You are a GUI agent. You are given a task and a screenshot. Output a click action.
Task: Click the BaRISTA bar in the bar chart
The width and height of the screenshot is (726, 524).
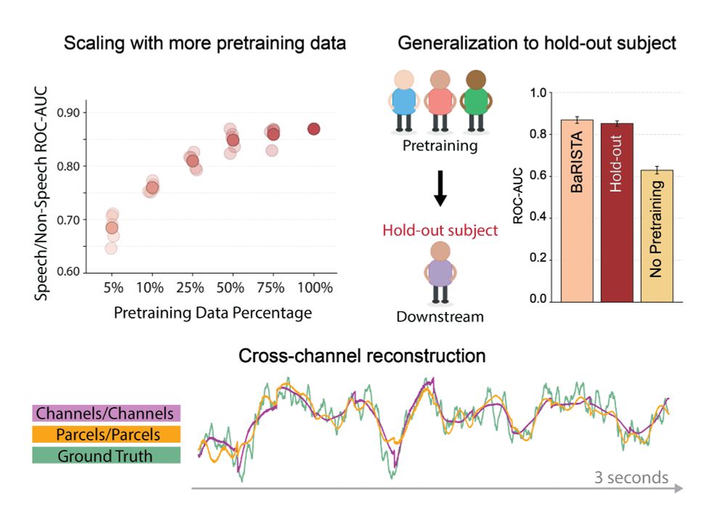[x=577, y=210]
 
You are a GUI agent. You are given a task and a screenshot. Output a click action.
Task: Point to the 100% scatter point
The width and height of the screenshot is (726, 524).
[x=314, y=128]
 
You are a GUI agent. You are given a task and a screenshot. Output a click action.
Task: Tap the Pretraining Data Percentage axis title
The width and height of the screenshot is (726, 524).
[x=213, y=314]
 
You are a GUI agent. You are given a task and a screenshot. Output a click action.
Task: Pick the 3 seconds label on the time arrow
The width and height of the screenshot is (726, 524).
[x=632, y=477]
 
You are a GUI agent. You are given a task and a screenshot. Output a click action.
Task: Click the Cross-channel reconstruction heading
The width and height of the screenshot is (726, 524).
[x=362, y=356]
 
